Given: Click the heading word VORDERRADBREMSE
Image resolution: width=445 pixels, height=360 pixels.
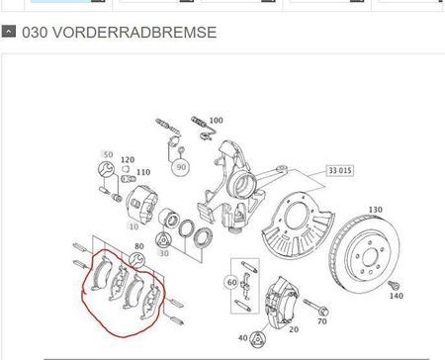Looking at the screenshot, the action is click(134, 33).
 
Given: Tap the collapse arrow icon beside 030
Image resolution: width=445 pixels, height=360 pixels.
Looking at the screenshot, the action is click(9, 32).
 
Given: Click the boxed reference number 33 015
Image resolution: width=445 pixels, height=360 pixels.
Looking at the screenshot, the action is click(340, 171).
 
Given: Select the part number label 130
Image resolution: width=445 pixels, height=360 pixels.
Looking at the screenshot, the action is click(375, 210).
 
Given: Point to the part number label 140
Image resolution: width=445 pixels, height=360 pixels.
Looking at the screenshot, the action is click(397, 296).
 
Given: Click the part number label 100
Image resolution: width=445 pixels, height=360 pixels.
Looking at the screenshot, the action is click(216, 121).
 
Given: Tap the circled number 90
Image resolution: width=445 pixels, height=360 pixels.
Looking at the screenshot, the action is click(181, 167).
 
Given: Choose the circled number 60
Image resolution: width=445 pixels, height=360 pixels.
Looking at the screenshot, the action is click(232, 282).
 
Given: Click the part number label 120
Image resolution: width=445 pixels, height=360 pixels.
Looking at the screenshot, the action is click(128, 160).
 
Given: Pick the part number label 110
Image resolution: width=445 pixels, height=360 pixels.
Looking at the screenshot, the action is click(143, 172).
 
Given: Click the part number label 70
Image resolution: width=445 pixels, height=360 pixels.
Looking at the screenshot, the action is click(322, 321).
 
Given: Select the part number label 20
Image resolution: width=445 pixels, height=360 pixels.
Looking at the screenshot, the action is click(294, 329).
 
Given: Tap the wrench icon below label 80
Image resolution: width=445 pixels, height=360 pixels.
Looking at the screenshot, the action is click(136, 259).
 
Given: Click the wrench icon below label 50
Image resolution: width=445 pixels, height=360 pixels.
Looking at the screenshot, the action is click(106, 169).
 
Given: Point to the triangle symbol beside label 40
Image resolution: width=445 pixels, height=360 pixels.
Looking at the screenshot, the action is click(257, 339).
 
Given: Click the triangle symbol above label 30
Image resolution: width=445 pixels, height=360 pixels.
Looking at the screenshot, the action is click(163, 240).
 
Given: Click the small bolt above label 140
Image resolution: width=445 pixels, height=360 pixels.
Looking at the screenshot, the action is click(394, 285).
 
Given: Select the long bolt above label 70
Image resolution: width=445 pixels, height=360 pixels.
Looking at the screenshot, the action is click(315, 307).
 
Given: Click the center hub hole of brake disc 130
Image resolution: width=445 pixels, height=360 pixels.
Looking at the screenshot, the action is click(370, 256).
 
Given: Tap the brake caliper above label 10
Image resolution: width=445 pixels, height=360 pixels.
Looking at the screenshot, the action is click(141, 203).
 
